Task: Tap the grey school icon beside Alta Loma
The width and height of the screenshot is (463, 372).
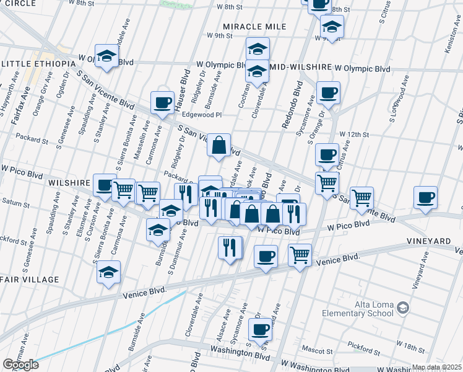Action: pyautogui.click(x=403, y=308)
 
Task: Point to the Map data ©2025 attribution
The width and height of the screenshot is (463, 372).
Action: pyautogui.click(x=436, y=368)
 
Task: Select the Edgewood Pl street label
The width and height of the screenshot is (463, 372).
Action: pyautogui.click(x=201, y=115)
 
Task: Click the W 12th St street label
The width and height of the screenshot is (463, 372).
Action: pyautogui.click(x=354, y=135)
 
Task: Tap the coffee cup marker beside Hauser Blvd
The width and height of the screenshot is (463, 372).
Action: pyautogui.click(x=163, y=102)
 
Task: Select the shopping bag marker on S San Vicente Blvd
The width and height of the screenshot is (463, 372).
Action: pyautogui.click(x=219, y=145)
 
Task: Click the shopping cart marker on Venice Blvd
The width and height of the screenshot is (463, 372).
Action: pyautogui.click(x=300, y=254)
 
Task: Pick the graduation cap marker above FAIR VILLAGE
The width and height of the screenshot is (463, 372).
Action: pyautogui.click(x=109, y=272)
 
